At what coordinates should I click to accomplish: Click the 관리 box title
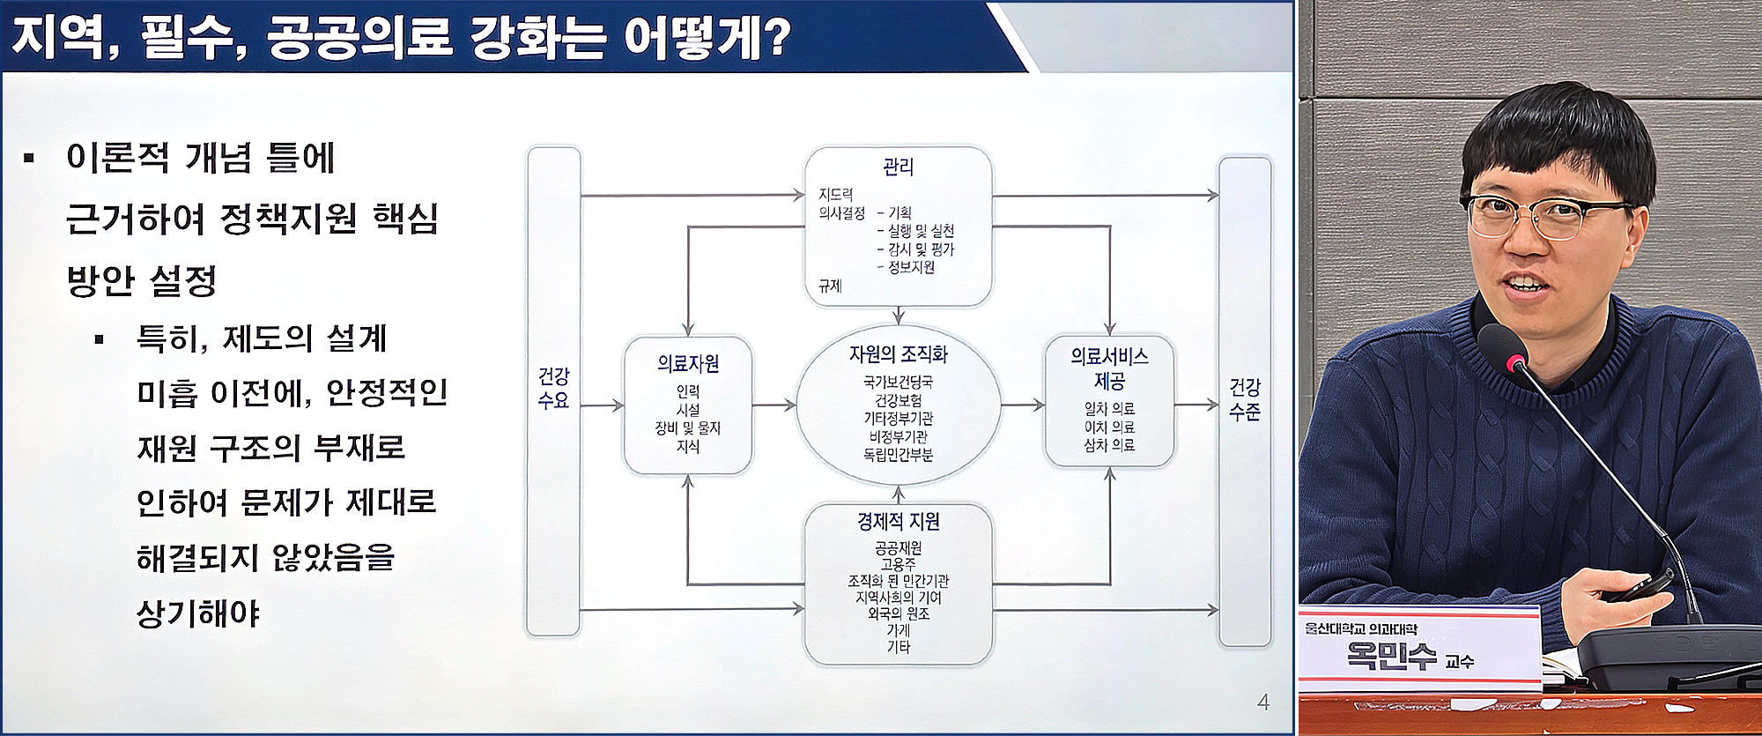[898, 167]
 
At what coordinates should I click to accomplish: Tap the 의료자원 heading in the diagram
[688, 363]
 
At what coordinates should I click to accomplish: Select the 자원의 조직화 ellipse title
[898, 354]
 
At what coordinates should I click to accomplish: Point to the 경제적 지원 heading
[898, 522]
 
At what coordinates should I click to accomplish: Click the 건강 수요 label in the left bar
[553, 389]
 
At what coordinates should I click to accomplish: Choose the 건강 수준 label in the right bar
[1244, 399]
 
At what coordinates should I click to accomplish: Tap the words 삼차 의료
[1109, 445]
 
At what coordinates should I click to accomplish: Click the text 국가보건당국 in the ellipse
[898, 383]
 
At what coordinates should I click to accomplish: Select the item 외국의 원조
[898, 613]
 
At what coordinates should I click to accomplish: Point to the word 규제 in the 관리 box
[830, 286]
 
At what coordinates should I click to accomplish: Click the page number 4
[1262, 703]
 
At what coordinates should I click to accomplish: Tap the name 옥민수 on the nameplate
[1391, 657]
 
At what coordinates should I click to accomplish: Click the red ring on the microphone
[1516, 362]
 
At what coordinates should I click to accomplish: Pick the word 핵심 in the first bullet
[405, 219]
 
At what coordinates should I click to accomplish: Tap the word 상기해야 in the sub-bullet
[198, 613]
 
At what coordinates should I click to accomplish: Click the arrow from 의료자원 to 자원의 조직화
[775, 405]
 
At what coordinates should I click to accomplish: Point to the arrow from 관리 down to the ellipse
[898, 316]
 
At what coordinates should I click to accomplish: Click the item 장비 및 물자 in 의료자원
[687, 428]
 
